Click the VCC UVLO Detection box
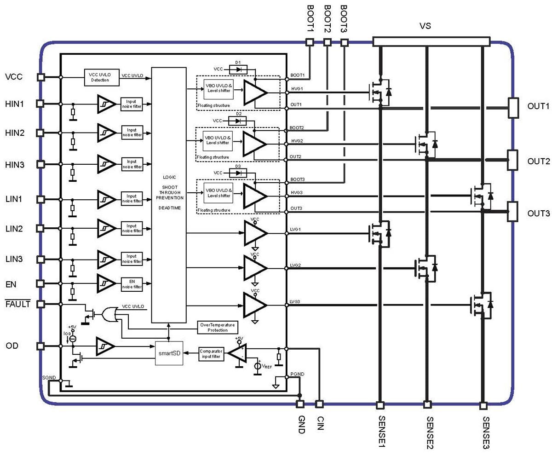[x=101, y=77]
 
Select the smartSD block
[x=169, y=353]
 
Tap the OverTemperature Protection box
[x=218, y=327]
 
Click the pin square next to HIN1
[x=40, y=104]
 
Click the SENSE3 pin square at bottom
[x=483, y=405]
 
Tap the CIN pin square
[x=319, y=404]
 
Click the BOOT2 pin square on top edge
[x=327, y=42]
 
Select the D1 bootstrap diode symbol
[x=238, y=69]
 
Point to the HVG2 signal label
[x=297, y=141]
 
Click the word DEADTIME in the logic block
[x=169, y=208]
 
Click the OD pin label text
[x=12, y=346]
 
